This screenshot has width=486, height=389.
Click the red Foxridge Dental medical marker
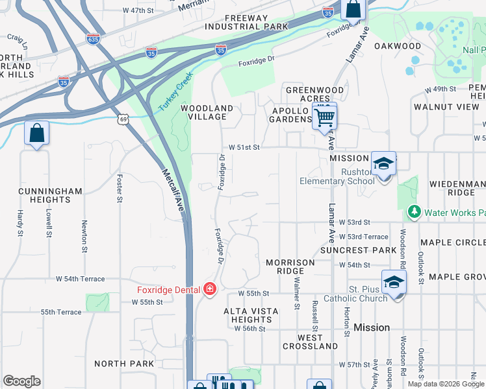pos(210,289)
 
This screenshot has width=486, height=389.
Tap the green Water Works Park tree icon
pos(414,212)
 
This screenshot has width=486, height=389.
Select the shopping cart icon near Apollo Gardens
pos(324,117)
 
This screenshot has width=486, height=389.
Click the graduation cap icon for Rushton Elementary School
pos(383,164)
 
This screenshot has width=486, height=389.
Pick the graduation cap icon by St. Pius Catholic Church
pos(394,282)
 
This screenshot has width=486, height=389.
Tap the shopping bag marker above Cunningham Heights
pos(36,134)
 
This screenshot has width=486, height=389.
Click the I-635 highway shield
pos(93,40)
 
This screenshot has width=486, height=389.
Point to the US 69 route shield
pos(123,119)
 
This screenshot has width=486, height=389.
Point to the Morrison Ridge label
pos(290,266)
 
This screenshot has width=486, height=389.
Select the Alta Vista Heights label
pos(251,316)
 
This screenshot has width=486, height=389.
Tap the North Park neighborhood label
pos(124,364)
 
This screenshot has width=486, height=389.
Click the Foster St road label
pos(120,187)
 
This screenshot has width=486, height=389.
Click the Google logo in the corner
pos(21,381)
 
